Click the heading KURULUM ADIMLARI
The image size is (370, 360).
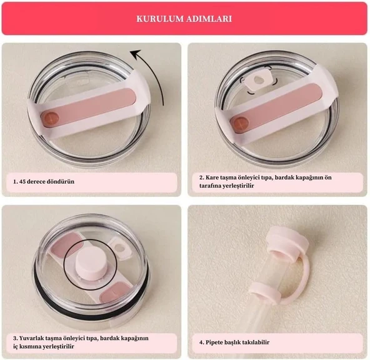(184, 19)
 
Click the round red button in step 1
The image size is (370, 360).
(50, 117)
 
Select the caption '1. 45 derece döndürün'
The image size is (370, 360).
(44, 182)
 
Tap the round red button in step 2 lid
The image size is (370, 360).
(239, 123)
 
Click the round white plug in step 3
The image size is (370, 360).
(89, 262)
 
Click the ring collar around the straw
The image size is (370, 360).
(265, 293)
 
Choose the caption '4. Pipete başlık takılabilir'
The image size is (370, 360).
(234, 342)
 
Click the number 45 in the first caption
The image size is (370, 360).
(22, 182)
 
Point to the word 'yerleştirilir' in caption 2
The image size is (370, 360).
(238, 186)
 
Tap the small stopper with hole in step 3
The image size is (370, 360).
(121, 249)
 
